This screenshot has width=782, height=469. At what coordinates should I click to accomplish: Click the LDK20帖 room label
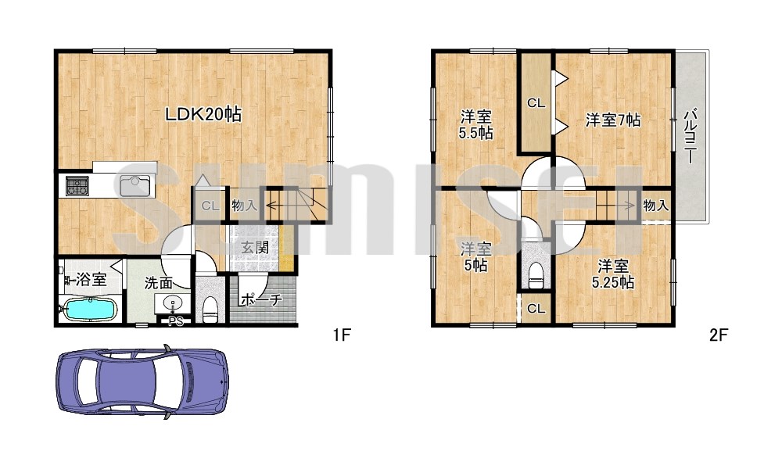pos(203,115)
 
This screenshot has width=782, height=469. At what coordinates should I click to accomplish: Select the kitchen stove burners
pos(77,186)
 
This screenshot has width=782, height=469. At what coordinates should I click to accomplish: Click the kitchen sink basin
pos(135,186)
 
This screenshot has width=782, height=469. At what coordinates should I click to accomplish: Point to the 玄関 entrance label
pos(256,247)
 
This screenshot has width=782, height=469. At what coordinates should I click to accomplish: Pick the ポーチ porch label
pos(262,300)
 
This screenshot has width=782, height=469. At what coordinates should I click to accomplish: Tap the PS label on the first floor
pos(175,321)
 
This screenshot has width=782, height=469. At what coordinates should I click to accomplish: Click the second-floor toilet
pos(536,275)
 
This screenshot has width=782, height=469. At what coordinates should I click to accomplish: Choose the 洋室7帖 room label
pos(613,120)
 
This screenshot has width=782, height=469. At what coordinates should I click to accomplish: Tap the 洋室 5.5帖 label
pos(475,125)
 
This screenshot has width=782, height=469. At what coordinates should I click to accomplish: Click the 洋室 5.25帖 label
pos(613,274)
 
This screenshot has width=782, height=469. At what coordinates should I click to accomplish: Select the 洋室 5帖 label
pos(475,256)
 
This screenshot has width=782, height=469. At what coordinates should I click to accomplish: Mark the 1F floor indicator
pos(343,335)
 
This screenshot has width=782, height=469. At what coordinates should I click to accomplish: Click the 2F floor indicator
pos(719,335)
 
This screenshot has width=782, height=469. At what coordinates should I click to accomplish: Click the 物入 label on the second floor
pos(655,205)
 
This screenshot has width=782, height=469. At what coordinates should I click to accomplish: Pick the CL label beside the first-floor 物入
pos(210,206)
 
